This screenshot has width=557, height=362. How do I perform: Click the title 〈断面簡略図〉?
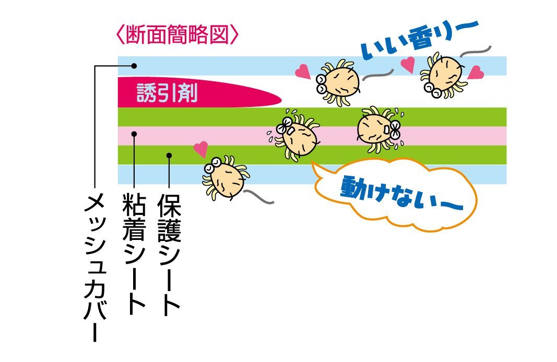pos(177,34)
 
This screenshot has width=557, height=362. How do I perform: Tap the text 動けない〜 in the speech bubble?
pos(402,194)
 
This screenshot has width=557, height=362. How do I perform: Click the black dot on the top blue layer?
pos(134,66)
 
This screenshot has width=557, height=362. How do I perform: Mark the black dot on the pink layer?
pos(134,134)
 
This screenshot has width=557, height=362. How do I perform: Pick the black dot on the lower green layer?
pos(169,155)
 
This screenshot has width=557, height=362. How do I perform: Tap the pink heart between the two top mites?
pos(408,64)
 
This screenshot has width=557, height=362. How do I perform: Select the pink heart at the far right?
pos(475,73)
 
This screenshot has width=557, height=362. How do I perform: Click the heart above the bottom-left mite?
pos(202,149)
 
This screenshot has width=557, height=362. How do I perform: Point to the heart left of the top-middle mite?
pos(303,71)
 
